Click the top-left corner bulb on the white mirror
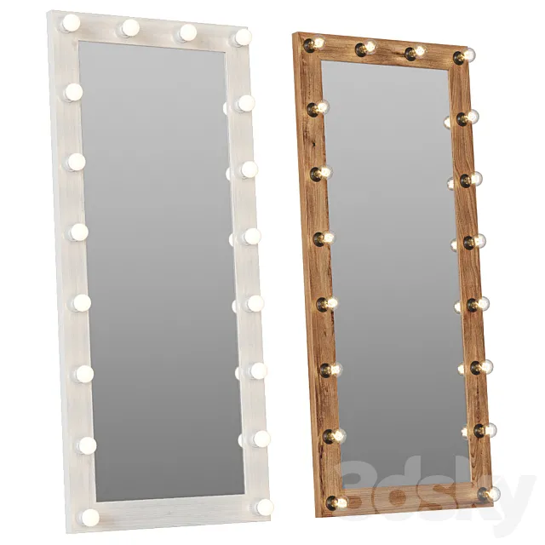71,22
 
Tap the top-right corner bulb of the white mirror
243,37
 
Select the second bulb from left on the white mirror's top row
129,28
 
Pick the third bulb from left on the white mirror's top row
186,32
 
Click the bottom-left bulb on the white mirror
89,517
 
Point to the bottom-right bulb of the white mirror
264,507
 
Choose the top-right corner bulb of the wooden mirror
464,56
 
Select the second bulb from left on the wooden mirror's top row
365,48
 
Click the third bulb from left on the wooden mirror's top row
415,52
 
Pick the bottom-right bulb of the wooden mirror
488,494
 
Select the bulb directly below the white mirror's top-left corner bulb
73,91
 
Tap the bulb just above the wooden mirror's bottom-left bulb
333,436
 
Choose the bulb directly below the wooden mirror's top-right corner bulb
467,118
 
